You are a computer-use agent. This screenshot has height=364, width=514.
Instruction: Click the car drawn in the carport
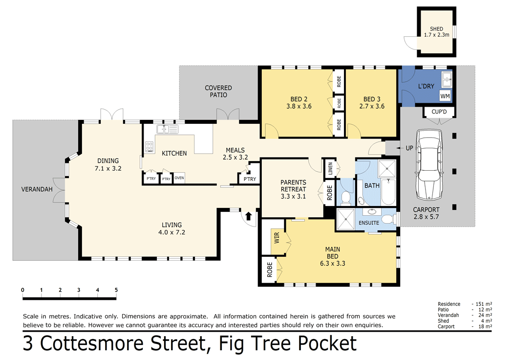tap(429, 164)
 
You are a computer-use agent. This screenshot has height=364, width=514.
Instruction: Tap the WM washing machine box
tap(445, 96)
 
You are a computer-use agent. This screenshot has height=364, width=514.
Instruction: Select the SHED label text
tap(437, 29)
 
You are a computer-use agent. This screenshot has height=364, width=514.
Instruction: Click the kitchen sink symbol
tap(167, 130)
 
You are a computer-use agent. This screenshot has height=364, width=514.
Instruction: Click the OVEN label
tap(179, 178)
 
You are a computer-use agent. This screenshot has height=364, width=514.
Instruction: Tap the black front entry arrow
tap(248, 216)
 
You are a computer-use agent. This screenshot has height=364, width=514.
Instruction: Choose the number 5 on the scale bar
tap(116, 290)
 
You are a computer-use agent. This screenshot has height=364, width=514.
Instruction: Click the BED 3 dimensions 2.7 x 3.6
tap(372, 106)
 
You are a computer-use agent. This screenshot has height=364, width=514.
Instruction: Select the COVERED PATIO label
tap(218, 91)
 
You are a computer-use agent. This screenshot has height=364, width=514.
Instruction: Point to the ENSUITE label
tap(369, 223)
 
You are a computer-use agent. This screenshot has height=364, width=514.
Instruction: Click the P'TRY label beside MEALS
tap(250, 180)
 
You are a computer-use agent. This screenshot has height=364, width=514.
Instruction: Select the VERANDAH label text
tap(37, 189)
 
